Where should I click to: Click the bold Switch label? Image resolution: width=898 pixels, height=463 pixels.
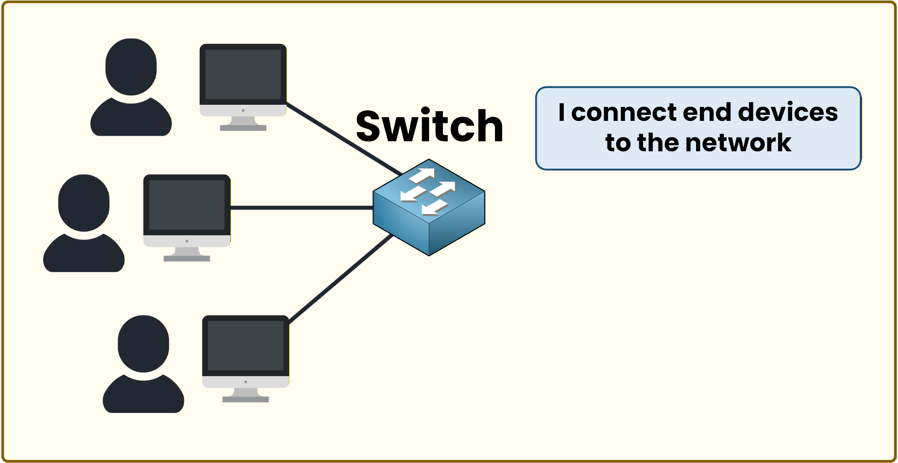(429, 127)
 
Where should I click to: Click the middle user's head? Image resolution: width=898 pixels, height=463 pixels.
(83, 203)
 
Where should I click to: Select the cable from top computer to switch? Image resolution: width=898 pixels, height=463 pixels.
(343, 139)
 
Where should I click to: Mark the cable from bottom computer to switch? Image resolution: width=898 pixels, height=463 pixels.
(341, 279)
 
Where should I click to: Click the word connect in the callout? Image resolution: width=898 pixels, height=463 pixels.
(623, 112)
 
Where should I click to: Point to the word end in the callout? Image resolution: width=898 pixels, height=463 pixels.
(707, 112)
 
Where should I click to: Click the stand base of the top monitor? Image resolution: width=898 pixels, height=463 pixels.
(243, 128)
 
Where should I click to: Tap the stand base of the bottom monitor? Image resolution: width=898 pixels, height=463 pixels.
(245, 399)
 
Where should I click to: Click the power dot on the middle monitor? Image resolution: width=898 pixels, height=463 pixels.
(187, 241)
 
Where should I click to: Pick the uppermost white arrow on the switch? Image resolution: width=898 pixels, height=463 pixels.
(423, 175)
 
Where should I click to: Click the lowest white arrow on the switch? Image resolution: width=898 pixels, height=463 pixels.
(434, 208)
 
